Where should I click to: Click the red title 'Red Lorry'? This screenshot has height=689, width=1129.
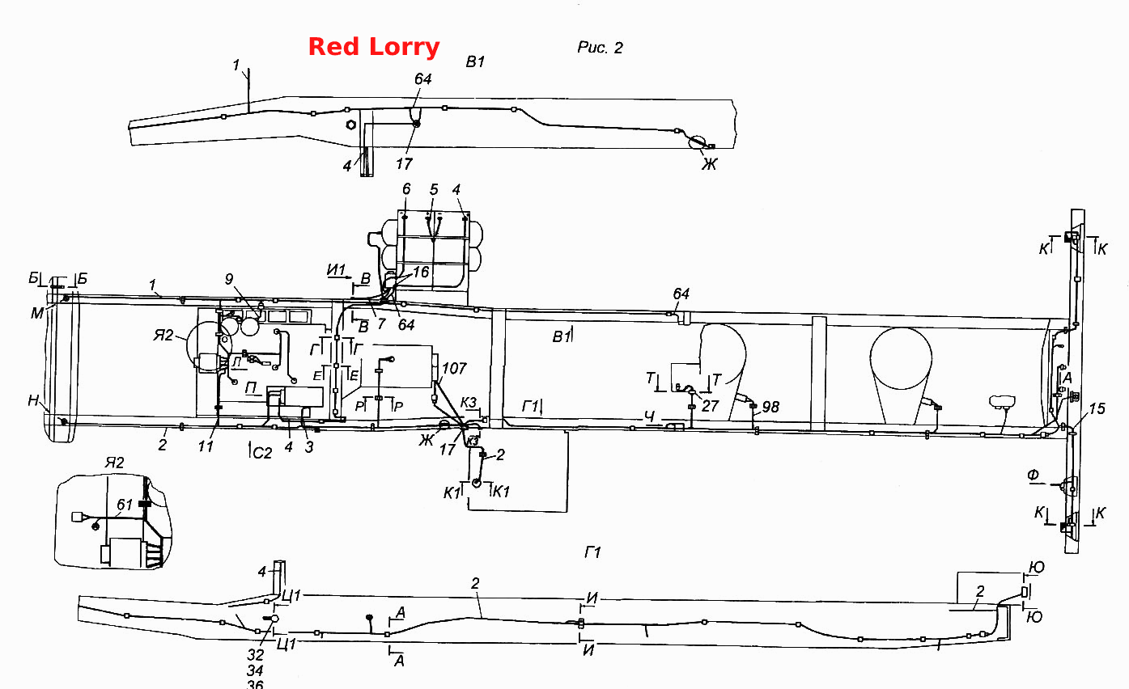coord(373,47)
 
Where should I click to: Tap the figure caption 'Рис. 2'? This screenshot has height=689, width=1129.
coord(600,48)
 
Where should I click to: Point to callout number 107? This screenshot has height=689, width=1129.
coord(454,368)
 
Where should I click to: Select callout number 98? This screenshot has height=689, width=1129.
coord(770,407)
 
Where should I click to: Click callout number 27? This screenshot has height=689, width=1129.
coord(710,405)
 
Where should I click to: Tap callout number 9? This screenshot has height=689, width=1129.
coord(229,279)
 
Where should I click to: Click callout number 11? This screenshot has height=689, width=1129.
coord(206,446)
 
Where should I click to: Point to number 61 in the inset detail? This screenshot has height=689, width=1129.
coord(125,504)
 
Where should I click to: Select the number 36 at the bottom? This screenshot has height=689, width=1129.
coord(255,684)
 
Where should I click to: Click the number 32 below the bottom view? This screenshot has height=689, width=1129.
coord(256,655)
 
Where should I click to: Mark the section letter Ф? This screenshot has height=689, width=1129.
coord(1034,475)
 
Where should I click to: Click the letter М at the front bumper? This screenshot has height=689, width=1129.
coord(36,313)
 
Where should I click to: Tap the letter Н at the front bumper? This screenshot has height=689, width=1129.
coord(33,401)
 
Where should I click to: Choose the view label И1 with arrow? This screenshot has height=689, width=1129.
coord(338,271)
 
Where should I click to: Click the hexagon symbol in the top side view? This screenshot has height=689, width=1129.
coord(350,125)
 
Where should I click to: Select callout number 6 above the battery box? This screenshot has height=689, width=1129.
coord(407,189)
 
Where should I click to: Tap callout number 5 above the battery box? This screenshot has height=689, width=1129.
coord(434,189)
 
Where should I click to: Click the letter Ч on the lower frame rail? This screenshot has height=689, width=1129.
coord(650,416)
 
